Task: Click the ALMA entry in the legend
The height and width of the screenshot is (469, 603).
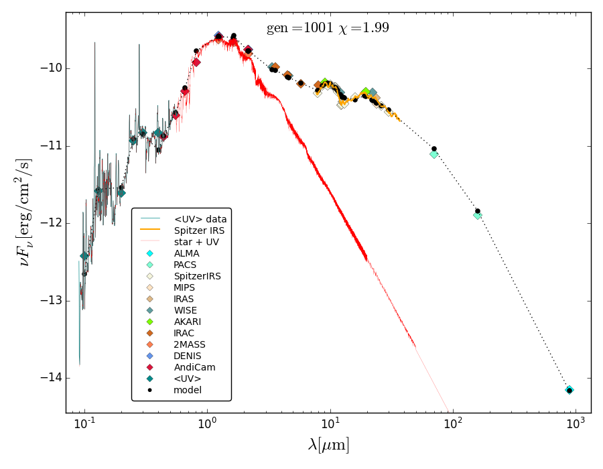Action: [x=186, y=253]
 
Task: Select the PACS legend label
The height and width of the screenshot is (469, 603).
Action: [x=185, y=265]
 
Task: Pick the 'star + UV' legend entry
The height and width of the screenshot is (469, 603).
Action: [x=196, y=242]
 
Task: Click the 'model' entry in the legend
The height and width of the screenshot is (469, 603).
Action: [x=187, y=390]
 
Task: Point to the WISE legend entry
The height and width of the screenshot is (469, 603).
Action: [x=186, y=310]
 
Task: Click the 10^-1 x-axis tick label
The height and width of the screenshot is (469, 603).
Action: [x=84, y=423]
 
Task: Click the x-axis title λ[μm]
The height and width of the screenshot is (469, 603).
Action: [x=328, y=445]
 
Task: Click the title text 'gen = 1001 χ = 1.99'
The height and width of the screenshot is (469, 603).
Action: [x=328, y=28]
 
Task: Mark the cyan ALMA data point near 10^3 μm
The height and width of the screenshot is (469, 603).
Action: [x=569, y=389]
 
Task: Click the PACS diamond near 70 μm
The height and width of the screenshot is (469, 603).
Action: [x=434, y=154]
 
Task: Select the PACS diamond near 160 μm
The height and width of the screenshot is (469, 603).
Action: [x=477, y=215]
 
